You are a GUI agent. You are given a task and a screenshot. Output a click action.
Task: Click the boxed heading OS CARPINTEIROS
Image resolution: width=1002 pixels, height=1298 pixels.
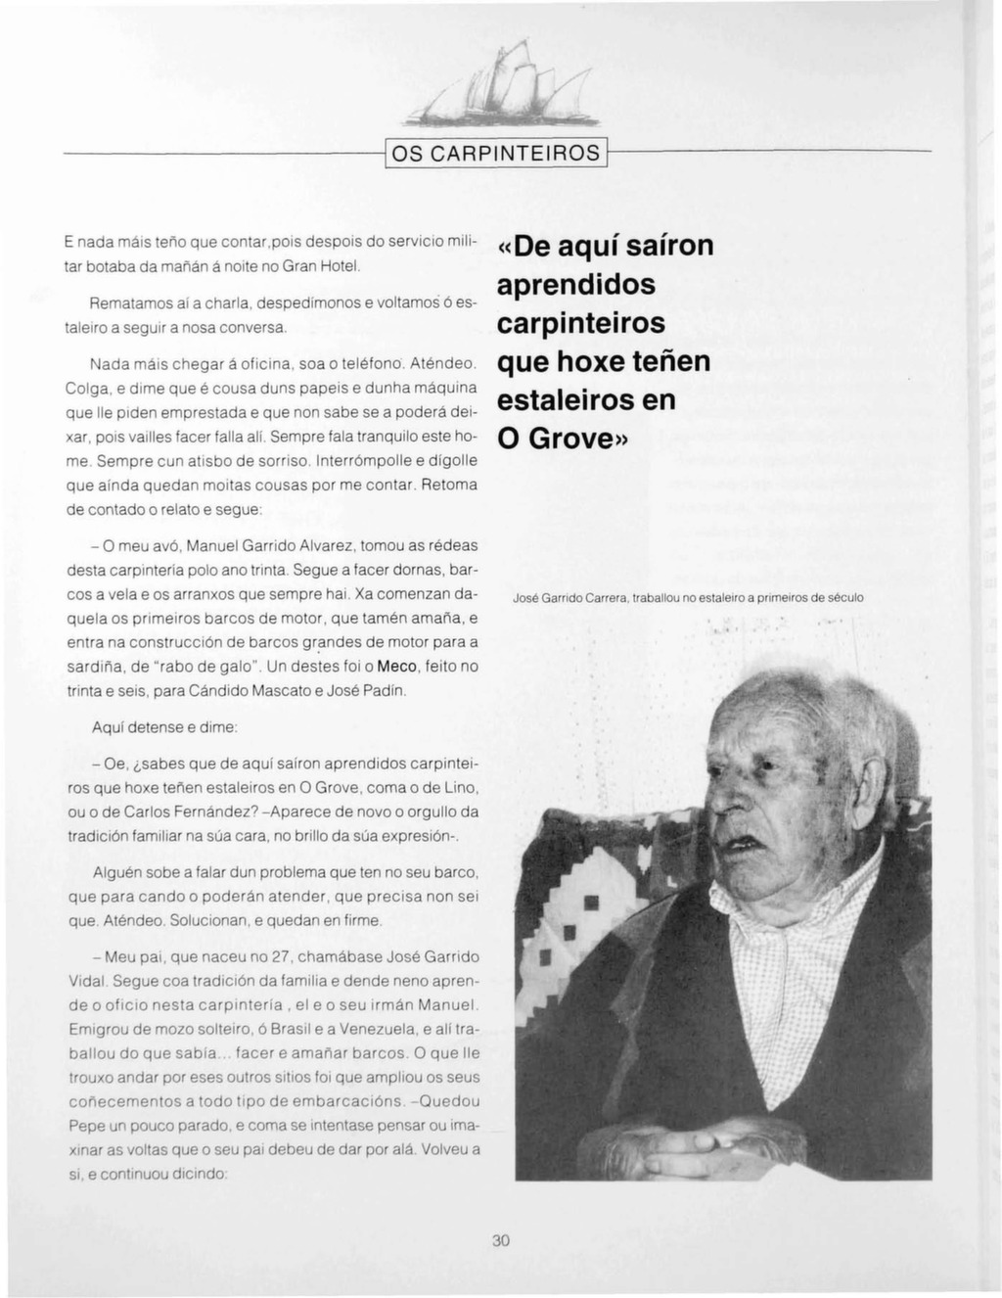pyautogui.click(x=495, y=154)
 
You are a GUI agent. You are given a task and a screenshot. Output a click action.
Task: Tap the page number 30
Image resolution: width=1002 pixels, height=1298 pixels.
pyautogui.click(x=501, y=1240)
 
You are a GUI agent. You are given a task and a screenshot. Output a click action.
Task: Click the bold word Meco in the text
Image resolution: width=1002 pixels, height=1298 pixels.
pyautogui.click(x=397, y=667)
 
